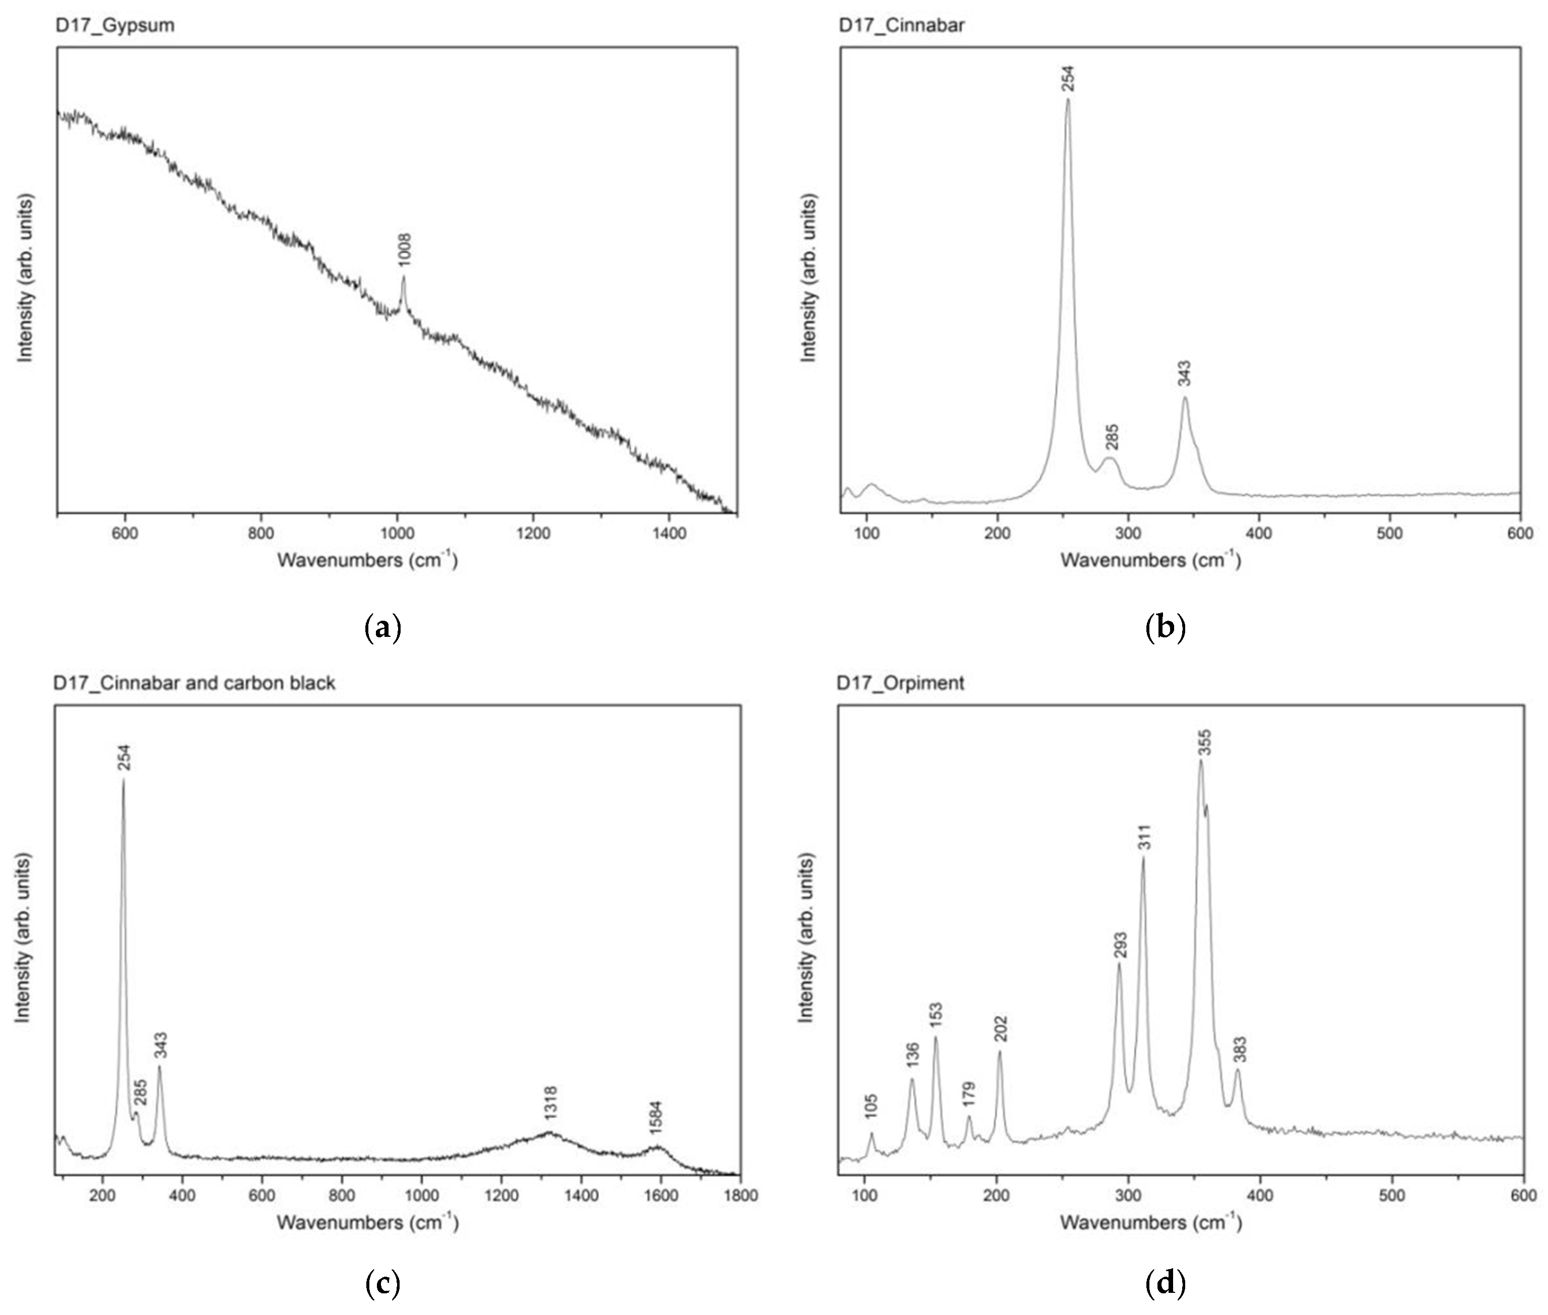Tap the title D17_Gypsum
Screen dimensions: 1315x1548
pyautogui.click(x=115, y=25)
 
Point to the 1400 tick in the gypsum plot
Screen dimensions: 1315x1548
pyautogui.click(x=668, y=533)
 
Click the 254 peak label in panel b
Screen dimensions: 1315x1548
pyautogui.click(x=1068, y=78)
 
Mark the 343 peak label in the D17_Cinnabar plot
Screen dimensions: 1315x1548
pyautogui.click(x=1184, y=373)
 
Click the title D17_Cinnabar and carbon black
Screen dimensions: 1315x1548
pyautogui.click(x=195, y=683)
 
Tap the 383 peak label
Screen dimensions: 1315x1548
pyautogui.click(x=1240, y=1049)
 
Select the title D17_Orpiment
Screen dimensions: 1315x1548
pyautogui.click(x=901, y=683)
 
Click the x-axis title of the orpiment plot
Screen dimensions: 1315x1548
pyautogui.click(x=1150, y=1223)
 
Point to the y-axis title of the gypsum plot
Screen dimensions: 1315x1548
pyautogui.click(x=27, y=278)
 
